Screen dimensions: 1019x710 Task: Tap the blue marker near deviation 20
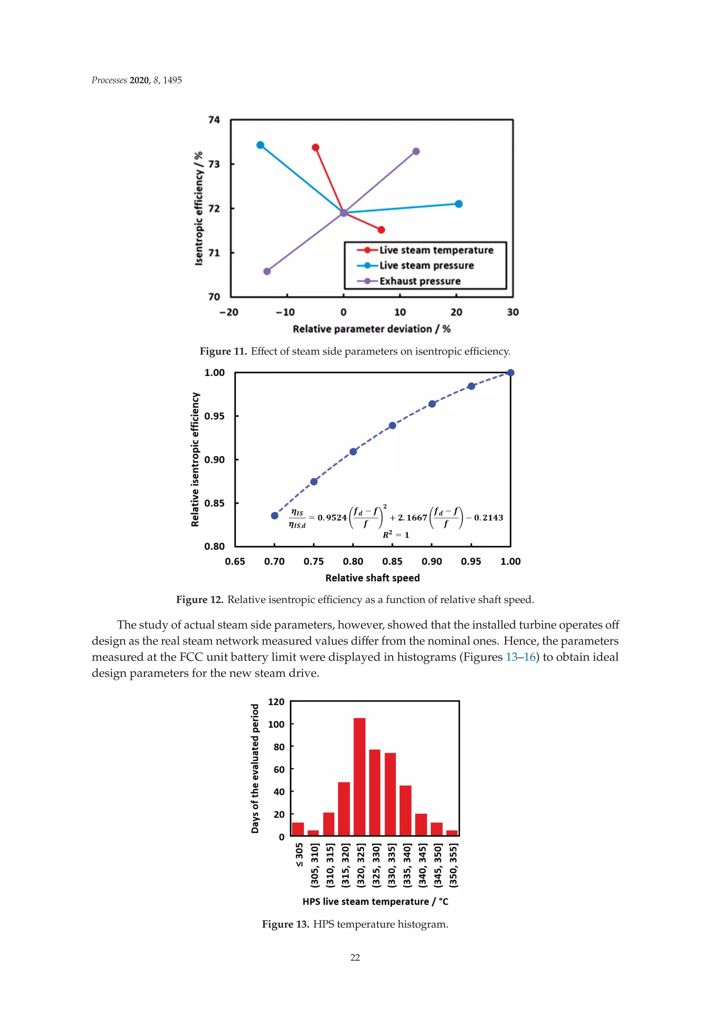pyautogui.click(x=459, y=204)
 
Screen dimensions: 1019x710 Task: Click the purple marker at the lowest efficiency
pyautogui.click(x=267, y=271)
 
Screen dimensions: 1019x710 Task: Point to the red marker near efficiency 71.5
pyautogui.click(x=381, y=229)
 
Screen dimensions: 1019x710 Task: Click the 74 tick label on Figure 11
pyautogui.click(x=214, y=120)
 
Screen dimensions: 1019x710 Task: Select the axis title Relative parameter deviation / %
pyautogui.click(x=372, y=329)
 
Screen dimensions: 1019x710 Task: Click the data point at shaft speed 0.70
pyautogui.click(x=275, y=515)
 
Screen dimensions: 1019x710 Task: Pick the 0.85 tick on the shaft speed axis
pyautogui.click(x=392, y=561)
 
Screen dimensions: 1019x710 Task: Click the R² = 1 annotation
pyautogui.click(x=396, y=535)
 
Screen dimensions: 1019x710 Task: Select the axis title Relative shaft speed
pyautogui.click(x=372, y=578)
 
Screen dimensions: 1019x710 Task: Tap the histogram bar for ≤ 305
pyautogui.click(x=298, y=829)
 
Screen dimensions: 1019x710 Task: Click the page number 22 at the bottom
pyautogui.click(x=355, y=957)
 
